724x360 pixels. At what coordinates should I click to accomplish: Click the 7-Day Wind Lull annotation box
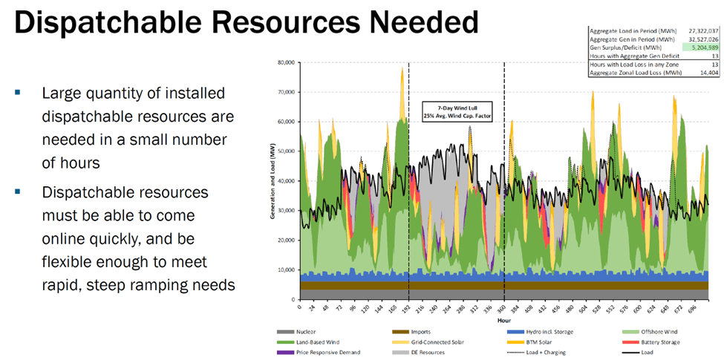pyautogui.click(x=457, y=111)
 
